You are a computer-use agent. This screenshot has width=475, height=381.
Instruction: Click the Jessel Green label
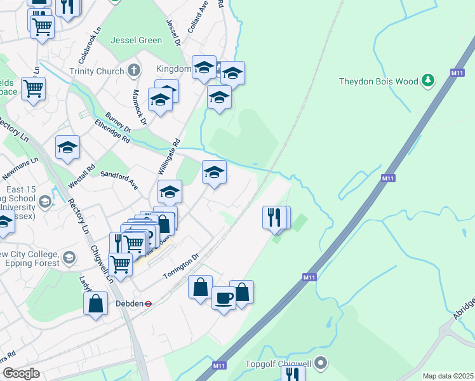tap(137, 40)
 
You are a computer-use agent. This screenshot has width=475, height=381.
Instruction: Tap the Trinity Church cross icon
tap(134, 70)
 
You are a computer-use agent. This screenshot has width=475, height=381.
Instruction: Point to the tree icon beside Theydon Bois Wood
tap(429, 81)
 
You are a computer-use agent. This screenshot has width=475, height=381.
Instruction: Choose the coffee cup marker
tap(224, 297)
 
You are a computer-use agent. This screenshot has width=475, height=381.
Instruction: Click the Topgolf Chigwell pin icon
tap(321, 364)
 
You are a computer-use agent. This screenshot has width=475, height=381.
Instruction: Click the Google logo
tap(20, 373)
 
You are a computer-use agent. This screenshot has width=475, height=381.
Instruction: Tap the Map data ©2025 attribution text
tap(447, 376)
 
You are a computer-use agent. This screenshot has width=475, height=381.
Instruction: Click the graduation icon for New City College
tap(69, 258)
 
